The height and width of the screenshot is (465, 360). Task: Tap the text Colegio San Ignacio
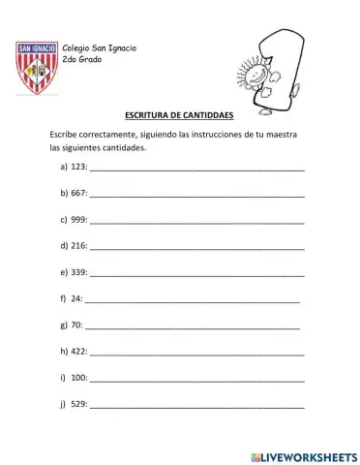tap(99, 48)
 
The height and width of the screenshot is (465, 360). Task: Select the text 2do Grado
tap(80, 61)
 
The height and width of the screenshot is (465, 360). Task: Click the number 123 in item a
tap(79, 167)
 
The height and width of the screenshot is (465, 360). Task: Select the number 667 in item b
tap(79, 193)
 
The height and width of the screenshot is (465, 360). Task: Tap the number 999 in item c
tap(79, 219)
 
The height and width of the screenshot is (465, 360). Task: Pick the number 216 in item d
tap(79, 246)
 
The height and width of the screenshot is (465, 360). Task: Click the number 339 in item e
tap(79, 272)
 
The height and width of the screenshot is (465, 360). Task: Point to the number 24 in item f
tap(76, 298)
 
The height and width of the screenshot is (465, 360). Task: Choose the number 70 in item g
tap(76, 325)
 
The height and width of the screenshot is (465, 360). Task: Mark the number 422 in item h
tap(79, 351)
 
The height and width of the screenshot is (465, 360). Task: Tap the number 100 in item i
tap(79, 377)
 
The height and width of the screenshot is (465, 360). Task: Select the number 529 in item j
tap(79, 403)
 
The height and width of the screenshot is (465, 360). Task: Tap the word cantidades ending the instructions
tap(122, 147)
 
